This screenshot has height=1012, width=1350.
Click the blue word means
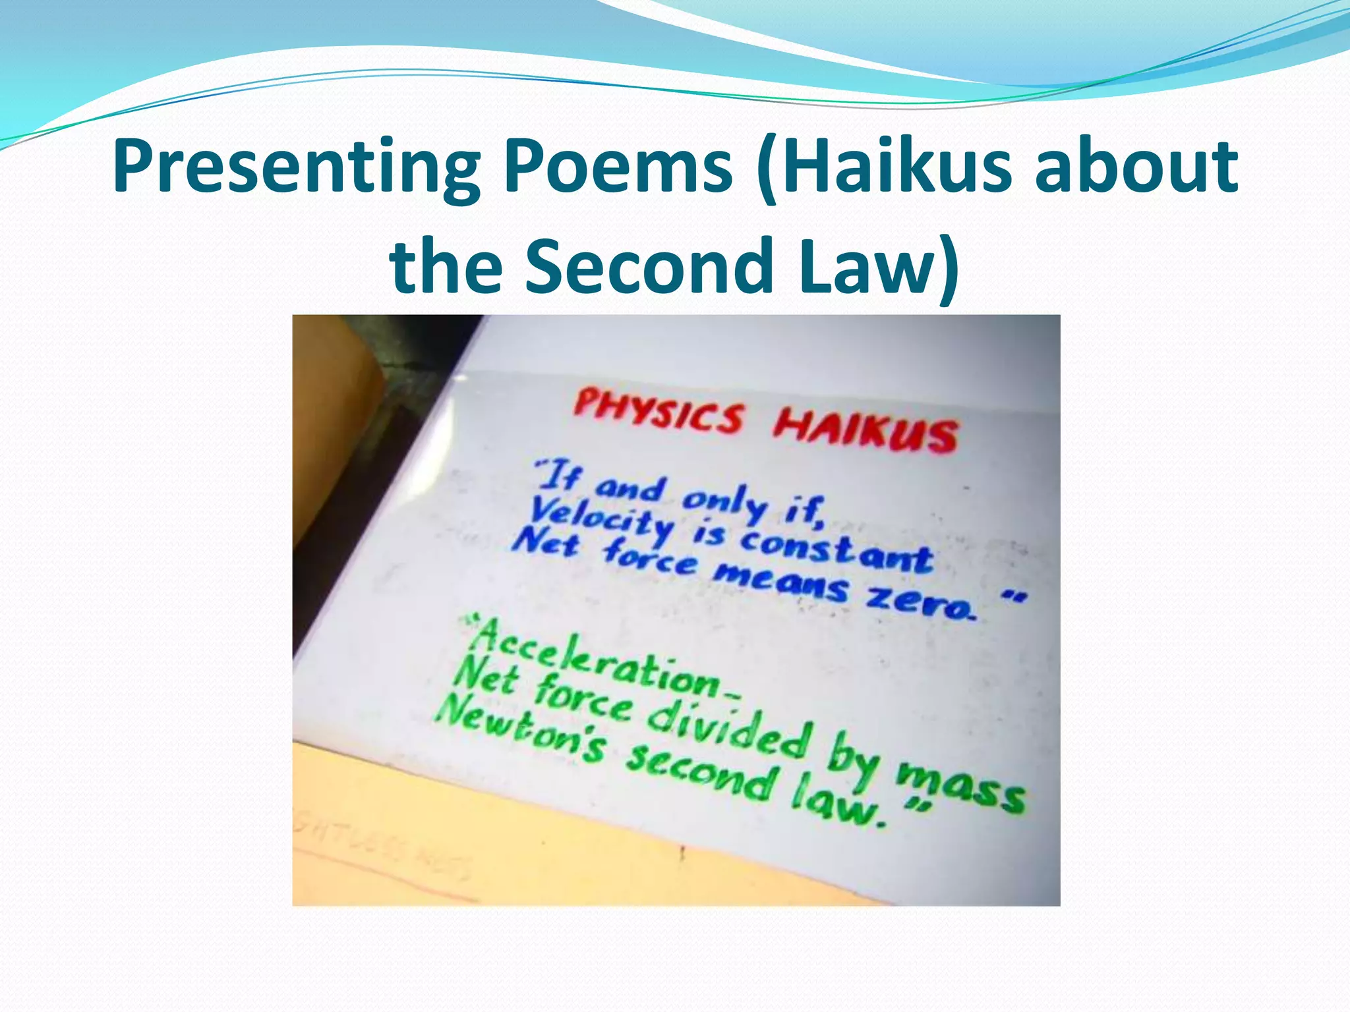point(780,580)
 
